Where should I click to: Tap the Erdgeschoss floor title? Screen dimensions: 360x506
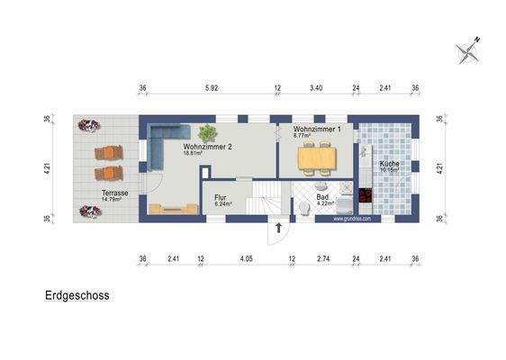pos(77,294)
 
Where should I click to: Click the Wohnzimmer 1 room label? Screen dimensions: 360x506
pos(317,130)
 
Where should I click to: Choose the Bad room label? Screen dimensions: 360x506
pos(321,197)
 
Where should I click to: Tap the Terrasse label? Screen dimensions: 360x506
pos(114,193)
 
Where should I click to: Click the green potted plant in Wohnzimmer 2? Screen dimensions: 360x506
pos(207,132)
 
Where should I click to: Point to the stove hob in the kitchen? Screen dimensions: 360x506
pos(366,194)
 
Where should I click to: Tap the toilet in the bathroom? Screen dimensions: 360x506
pos(306,208)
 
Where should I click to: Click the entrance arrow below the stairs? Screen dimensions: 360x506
pos(280,228)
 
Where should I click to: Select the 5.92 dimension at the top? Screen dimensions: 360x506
pos(212,88)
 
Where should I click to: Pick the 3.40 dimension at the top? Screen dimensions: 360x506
pos(316,88)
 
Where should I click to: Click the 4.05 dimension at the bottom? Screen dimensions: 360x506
pos(244,261)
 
